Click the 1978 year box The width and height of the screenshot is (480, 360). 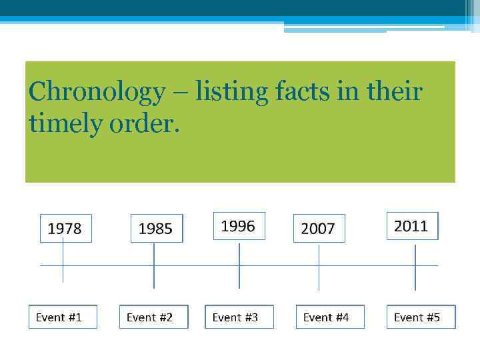pos(65,228)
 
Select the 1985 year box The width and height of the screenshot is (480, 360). pos(156,229)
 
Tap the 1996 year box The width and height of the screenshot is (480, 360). pos(239,226)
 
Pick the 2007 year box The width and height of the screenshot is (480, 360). pos(318,229)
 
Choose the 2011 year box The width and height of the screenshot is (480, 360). pos(411,226)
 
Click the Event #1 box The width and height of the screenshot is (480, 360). pos(62,317)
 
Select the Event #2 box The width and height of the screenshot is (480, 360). pos(153,317)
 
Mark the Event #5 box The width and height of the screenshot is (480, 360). pos(420,317)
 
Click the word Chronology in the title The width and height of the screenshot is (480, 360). pos(97,91)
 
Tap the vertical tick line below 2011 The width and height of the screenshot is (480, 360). pos(415,267)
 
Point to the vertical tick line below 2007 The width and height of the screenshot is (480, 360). pos(319,267)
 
